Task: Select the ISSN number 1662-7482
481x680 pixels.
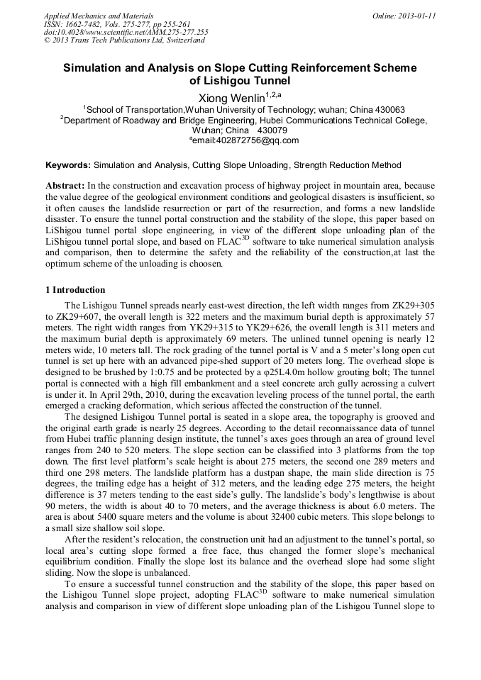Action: [82, 24]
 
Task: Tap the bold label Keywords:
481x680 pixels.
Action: [68, 165]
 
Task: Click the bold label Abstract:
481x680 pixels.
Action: [65, 184]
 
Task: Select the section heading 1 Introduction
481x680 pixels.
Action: [75, 290]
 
